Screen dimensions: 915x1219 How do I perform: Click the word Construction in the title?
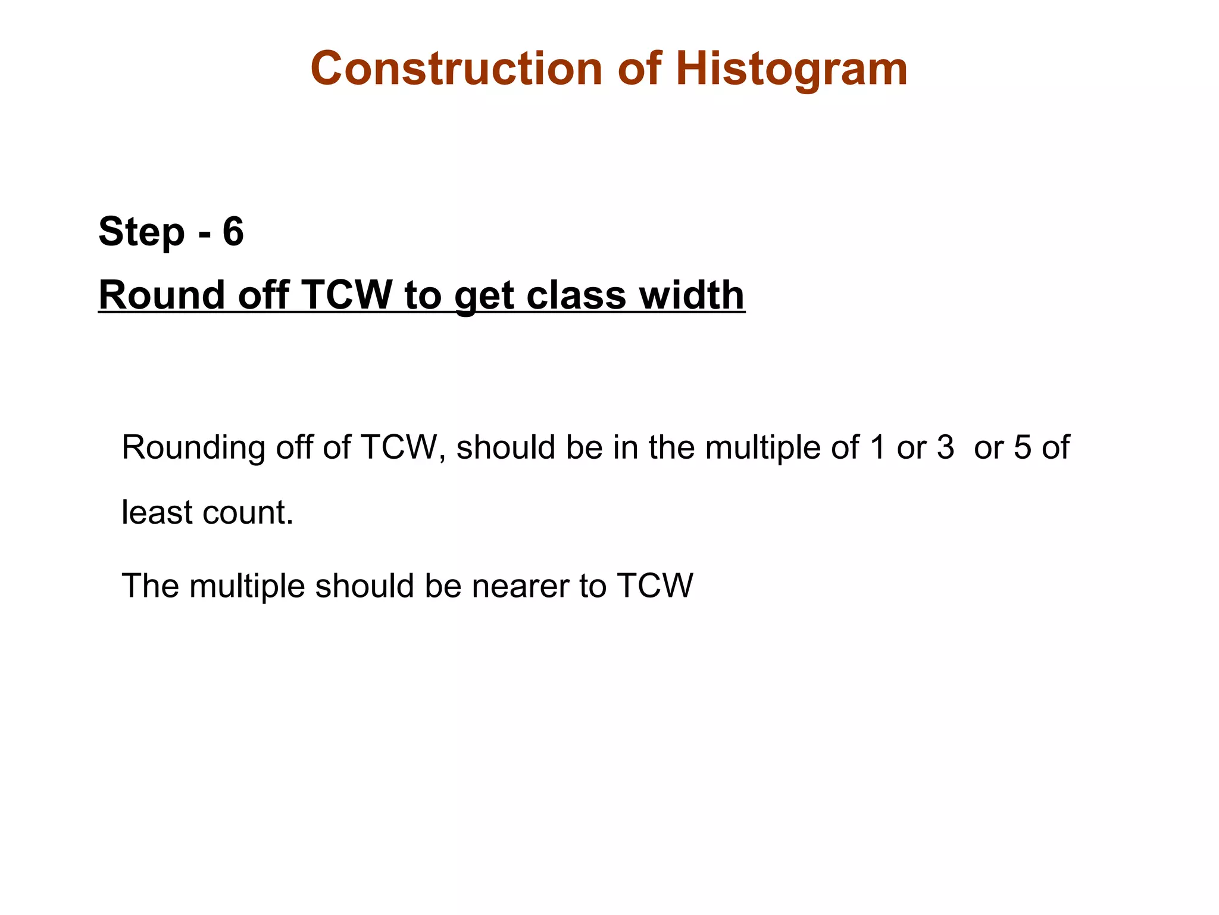tap(457, 69)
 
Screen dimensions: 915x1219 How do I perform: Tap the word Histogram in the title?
tap(791, 70)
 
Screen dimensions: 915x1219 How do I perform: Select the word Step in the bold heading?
tap(142, 232)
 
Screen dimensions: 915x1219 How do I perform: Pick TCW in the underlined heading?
tap(347, 295)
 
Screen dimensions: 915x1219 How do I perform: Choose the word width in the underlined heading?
tap(692, 295)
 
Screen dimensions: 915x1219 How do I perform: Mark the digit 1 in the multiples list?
tap(877, 447)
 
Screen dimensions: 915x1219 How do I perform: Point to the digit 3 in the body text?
tap(945, 447)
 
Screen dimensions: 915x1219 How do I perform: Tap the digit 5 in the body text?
tap(1022, 447)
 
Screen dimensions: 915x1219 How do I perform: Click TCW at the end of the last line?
tap(655, 586)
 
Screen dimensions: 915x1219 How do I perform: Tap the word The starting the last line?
tap(150, 586)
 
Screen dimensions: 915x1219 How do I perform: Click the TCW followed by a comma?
tap(400, 447)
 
